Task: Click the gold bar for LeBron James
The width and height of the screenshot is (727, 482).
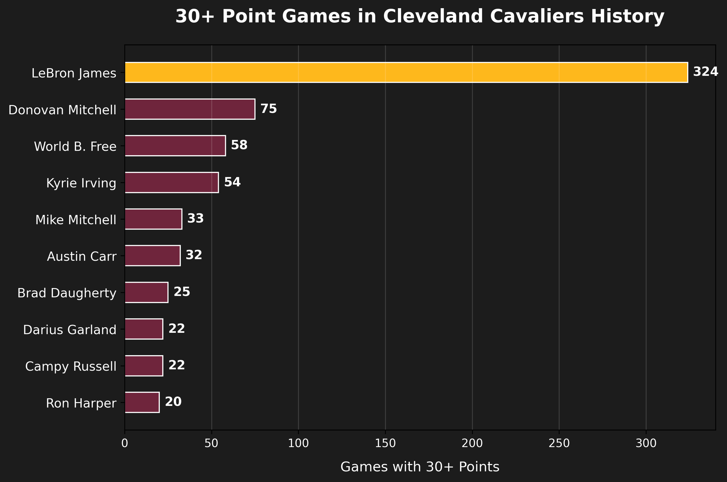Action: pyautogui.click(x=406, y=72)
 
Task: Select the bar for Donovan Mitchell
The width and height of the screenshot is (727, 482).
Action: pyautogui.click(x=190, y=109)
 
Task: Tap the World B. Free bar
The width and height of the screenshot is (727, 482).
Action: pyautogui.click(x=175, y=146)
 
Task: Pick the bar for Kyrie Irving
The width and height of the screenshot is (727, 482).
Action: pyautogui.click(x=172, y=182)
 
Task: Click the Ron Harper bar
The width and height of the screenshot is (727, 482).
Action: pyautogui.click(x=142, y=402)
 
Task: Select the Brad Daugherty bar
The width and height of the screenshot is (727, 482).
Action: pyautogui.click(x=146, y=292)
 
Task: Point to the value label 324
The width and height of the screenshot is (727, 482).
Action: pyautogui.click(x=706, y=72)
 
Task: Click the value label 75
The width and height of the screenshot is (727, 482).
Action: pyautogui.click(x=268, y=109)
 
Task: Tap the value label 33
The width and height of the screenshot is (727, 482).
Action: pyautogui.click(x=195, y=219)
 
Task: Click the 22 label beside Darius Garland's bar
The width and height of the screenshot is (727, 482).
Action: pyautogui.click(x=177, y=329)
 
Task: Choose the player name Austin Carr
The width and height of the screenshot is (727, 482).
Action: pyautogui.click(x=81, y=256)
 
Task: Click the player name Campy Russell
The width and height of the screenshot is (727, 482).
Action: pyautogui.click(x=71, y=366)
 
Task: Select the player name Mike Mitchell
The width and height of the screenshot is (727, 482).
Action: pyautogui.click(x=76, y=220)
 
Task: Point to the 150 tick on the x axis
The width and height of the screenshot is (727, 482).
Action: pyautogui.click(x=385, y=444)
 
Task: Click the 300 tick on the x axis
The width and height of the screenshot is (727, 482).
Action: pyautogui.click(x=646, y=444)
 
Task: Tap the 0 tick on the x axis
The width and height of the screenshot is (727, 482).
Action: pyautogui.click(x=125, y=444)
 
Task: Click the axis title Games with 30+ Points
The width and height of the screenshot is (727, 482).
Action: pyautogui.click(x=420, y=467)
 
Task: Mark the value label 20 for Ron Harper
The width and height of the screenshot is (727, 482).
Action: pyautogui.click(x=173, y=402)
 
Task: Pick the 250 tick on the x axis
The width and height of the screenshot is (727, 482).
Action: pyautogui.click(x=559, y=444)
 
